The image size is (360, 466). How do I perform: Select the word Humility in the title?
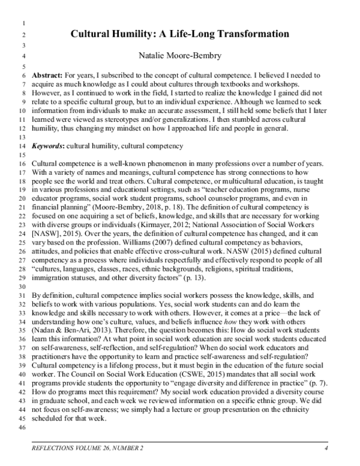click(x=142, y=34)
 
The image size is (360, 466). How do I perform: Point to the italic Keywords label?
click(x=48, y=146)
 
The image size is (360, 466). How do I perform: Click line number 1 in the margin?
click(x=23, y=24)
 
